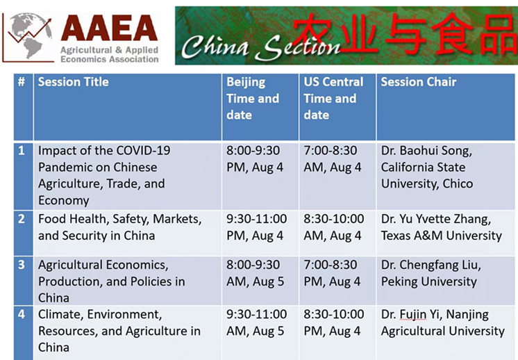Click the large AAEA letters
tap(109, 28)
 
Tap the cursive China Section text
tap(260, 47)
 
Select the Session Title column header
tap(74, 81)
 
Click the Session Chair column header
tap(419, 81)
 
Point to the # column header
tap(22, 81)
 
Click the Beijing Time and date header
tap(253, 98)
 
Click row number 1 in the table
tap(22, 151)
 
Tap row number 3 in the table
tap(22, 265)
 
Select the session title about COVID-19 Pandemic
tap(104, 175)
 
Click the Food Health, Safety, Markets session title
tap(119, 227)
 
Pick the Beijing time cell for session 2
tap(256, 227)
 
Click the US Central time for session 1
tap(333, 159)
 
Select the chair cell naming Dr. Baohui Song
tap(427, 167)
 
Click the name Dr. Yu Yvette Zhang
tap(436, 219)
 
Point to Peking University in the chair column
tap(429, 281)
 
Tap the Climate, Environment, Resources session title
tap(119, 331)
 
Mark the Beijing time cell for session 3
tap(255, 273)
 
